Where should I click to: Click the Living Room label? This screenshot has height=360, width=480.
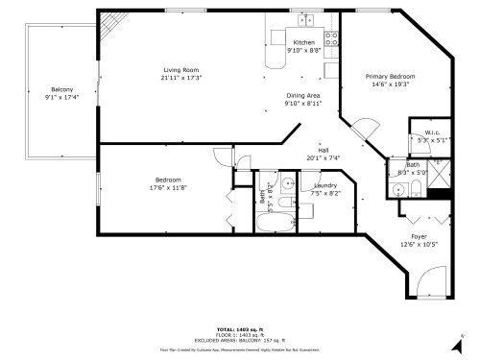pos(180,69)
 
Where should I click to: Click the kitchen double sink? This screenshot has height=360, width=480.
pos(305,20)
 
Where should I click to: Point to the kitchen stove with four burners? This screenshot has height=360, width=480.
pos(332,39)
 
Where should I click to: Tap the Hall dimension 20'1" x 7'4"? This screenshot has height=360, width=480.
pos(324,158)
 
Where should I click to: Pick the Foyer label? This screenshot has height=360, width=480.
pos(420,236)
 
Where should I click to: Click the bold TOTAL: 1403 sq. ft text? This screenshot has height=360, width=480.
pos(239,327)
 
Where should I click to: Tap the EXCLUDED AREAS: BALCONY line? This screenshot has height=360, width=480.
pos(239,339)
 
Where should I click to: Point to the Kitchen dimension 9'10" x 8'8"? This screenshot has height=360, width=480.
pos(303,50)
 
